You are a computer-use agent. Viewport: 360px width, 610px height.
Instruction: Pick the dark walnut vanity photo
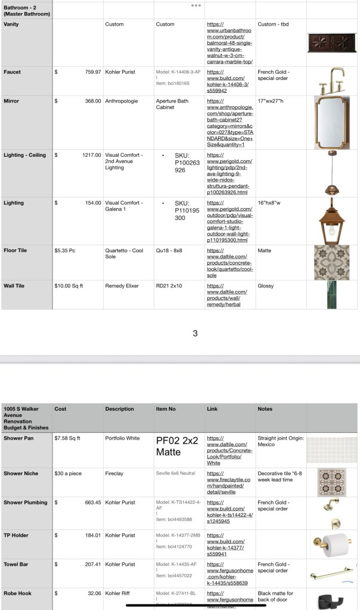click(x=331, y=44)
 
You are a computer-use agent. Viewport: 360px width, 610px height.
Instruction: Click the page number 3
click(x=195, y=333)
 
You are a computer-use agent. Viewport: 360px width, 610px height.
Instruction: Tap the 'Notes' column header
click(x=265, y=409)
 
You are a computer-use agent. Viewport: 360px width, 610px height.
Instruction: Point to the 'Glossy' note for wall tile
click(x=266, y=286)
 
